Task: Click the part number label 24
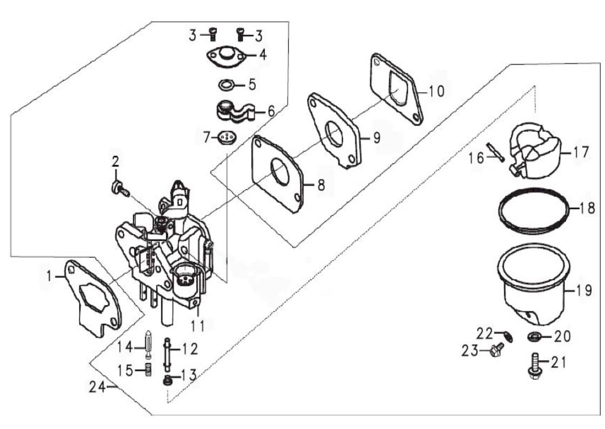point(97,386)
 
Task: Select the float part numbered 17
point(534,152)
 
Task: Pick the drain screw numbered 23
point(494,352)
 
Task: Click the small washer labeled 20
point(534,337)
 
